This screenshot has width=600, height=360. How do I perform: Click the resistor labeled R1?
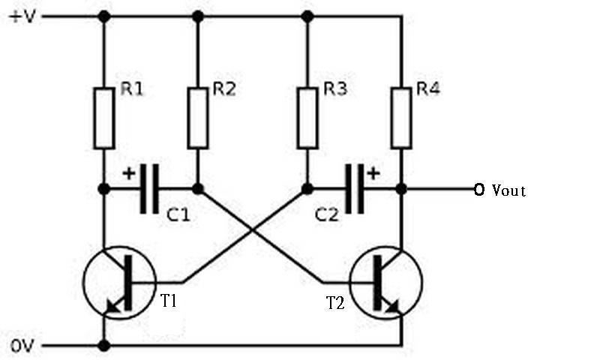pyautogui.click(x=104, y=118)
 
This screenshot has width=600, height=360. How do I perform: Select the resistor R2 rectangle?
pyautogui.click(x=198, y=118)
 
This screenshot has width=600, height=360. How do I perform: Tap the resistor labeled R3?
pyautogui.click(x=307, y=118)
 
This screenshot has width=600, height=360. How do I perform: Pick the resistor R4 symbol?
pyautogui.click(x=401, y=118)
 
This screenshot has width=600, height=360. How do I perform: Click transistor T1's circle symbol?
pyautogui.click(x=120, y=283)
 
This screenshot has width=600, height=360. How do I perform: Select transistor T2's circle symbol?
pyautogui.click(x=386, y=283)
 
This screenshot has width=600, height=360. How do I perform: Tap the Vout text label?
pyautogui.click(x=508, y=190)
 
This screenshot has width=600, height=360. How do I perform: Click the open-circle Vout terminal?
pyautogui.click(x=478, y=189)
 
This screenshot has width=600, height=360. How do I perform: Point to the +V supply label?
pyautogui.click(x=23, y=16)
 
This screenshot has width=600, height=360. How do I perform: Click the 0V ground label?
pyautogui.click(x=22, y=346)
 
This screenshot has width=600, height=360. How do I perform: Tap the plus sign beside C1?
pyautogui.click(x=129, y=173)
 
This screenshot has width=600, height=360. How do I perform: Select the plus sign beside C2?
pyautogui.click(x=373, y=173)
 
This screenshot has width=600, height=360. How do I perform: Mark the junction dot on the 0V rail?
pyautogui.click(x=104, y=346)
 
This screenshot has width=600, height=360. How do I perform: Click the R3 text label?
pyautogui.click(x=335, y=89)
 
